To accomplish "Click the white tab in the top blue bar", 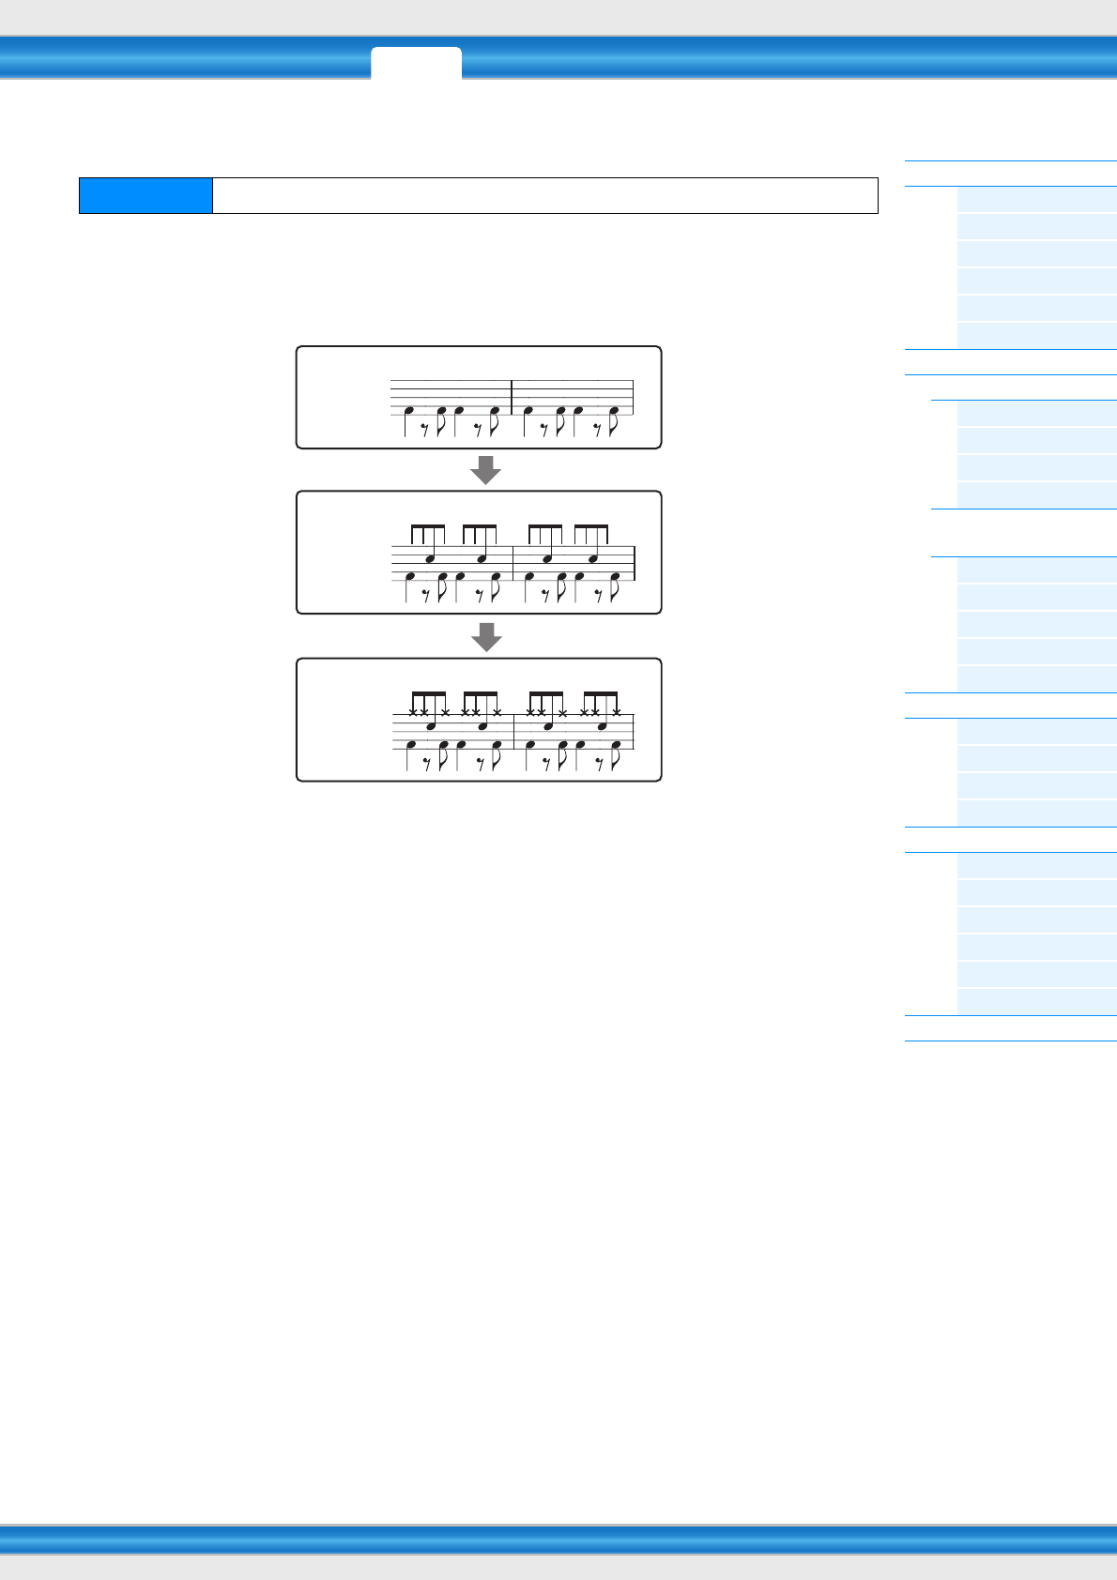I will (x=416, y=62).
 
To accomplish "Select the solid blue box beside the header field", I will (x=145, y=195).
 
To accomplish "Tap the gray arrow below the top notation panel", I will (x=486, y=469).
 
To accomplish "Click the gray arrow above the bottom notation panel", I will (x=486, y=636).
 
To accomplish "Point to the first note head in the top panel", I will (x=408, y=411).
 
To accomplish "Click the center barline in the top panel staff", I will (x=512, y=397).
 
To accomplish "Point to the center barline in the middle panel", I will (x=513, y=563).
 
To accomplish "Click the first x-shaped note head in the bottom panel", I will (x=413, y=712).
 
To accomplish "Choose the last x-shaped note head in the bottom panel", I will (x=616, y=712).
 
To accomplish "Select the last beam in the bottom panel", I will (x=600, y=694).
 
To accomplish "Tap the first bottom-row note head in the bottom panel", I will (x=410, y=745).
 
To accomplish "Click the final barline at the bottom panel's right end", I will (x=635, y=732).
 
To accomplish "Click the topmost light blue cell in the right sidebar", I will (x=1036, y=200).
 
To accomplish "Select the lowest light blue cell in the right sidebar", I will (x=1036, y=1002).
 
